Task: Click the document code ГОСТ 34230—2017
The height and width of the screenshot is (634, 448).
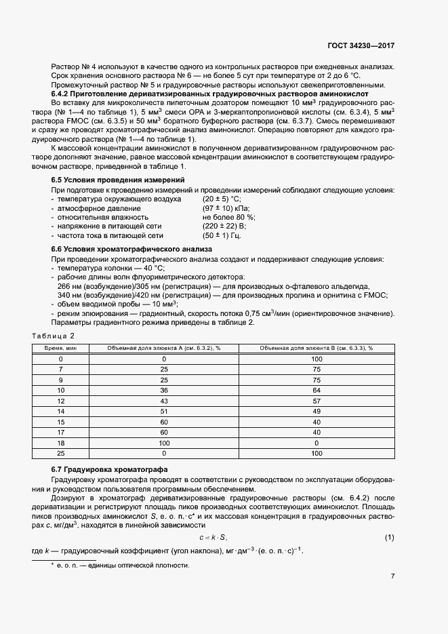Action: pos(361,45)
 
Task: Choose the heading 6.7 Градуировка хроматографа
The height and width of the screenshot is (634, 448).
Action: pos(107,470)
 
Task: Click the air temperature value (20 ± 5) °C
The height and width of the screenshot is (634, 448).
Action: pos(222,199)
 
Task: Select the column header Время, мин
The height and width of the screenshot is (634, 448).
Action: pos(60,348)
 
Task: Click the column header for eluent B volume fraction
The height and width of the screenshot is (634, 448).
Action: pos(316,348)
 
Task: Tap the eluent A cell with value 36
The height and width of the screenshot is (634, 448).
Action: pos(164,390)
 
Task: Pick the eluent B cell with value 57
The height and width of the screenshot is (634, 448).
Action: pos(316,401)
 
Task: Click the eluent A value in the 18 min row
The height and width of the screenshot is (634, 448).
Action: pos(164,442)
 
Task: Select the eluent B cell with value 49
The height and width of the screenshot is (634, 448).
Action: pos(316,411)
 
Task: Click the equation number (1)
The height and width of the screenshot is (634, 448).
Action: pos(389,538)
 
